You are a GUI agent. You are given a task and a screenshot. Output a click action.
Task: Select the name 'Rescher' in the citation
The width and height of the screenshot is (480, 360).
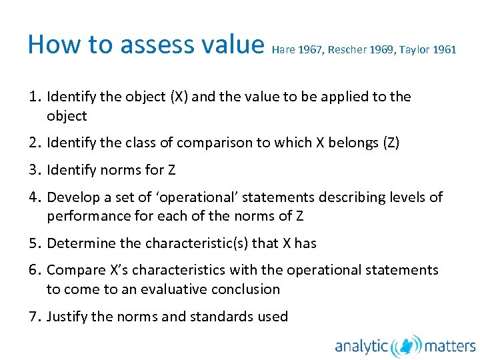[348, 50]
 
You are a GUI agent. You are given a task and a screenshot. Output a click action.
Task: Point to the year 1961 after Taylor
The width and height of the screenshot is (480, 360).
[445, 50]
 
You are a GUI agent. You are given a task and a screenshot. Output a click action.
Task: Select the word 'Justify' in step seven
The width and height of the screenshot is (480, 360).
[67, 316]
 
